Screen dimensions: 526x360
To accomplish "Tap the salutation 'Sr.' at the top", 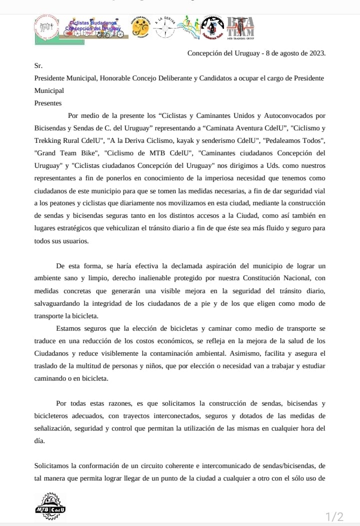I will click(38, 65).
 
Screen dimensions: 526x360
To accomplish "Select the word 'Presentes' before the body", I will click(48, 103).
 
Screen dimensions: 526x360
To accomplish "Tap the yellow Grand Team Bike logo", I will click(140, 27).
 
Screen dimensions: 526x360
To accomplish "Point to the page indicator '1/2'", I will click(334, 517).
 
